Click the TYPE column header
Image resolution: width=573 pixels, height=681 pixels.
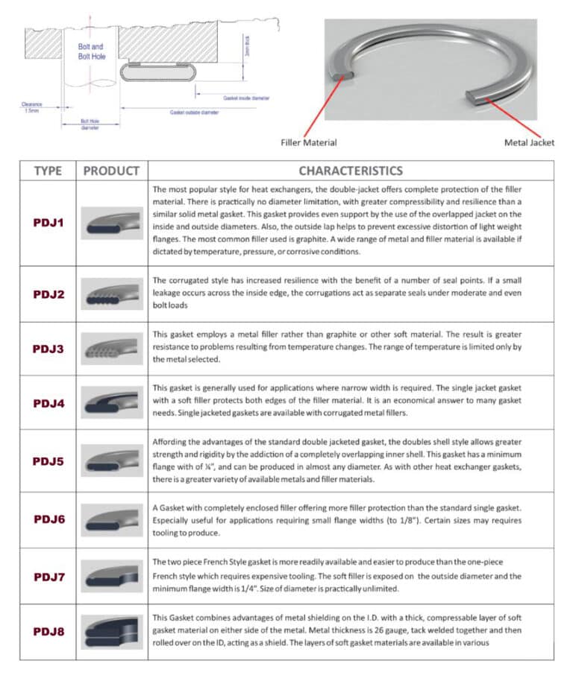coord(48,171)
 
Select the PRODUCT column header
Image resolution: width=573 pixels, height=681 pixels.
coord(111,171)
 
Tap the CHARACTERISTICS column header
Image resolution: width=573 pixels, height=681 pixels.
coord(351,171)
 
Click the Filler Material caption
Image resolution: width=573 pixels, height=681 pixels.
coord(308,142)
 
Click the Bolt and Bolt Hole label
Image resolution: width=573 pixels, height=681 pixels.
coord(90,51)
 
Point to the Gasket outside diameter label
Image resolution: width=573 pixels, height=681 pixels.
coord(194,112)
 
